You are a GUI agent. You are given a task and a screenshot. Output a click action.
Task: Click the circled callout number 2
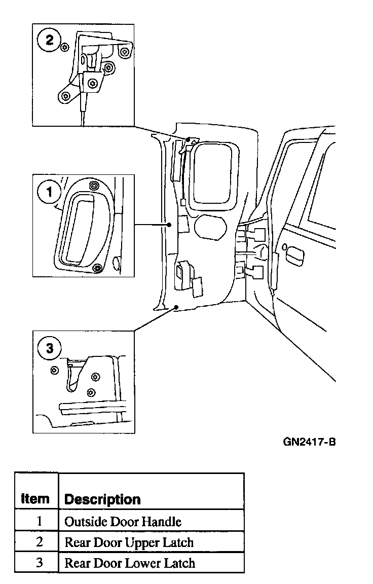[50, 40]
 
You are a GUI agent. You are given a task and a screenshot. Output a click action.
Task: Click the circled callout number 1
[49, 192]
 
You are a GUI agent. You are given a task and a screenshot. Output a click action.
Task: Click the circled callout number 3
[49, 348]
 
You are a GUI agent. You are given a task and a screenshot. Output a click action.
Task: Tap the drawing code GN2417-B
[309, 442]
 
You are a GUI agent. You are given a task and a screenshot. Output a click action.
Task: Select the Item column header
[35, 498]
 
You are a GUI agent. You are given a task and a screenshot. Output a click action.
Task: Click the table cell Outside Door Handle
[123, 521]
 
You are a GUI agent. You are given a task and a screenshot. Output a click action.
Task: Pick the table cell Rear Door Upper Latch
[129, 542]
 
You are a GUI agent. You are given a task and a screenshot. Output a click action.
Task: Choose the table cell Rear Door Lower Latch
[129, 563]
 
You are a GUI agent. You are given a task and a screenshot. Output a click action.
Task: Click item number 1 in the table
[39, 521]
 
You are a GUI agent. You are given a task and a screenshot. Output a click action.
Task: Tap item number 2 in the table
[39, 542]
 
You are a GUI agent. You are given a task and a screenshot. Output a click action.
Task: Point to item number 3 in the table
[39, 563]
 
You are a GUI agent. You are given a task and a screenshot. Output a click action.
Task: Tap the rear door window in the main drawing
[214, 171]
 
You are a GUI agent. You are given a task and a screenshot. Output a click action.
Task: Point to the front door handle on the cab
[294, 253]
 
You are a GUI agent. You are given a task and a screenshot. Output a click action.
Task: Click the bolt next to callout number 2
[64, 48]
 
